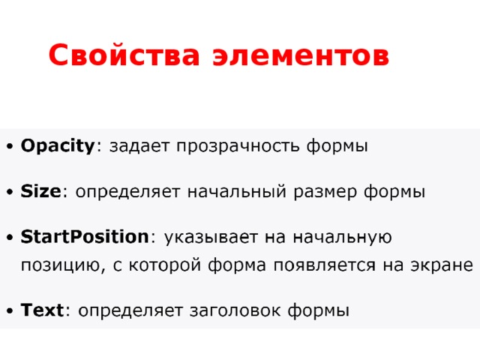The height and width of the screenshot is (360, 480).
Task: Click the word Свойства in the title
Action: [x=121, y=56]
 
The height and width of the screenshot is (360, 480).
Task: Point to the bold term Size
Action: [x=40, y=192]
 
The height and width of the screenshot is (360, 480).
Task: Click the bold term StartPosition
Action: [x=85, y=238]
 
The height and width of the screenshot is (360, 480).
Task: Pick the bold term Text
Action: [x=43, y=309]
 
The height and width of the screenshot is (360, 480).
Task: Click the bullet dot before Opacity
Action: [x=7, y=147]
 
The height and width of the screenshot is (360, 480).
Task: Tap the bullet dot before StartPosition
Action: [x=7, y=238]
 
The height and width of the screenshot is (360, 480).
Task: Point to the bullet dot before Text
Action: [x=7, y=310]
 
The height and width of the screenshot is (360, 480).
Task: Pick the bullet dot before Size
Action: [x=7, y=193]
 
